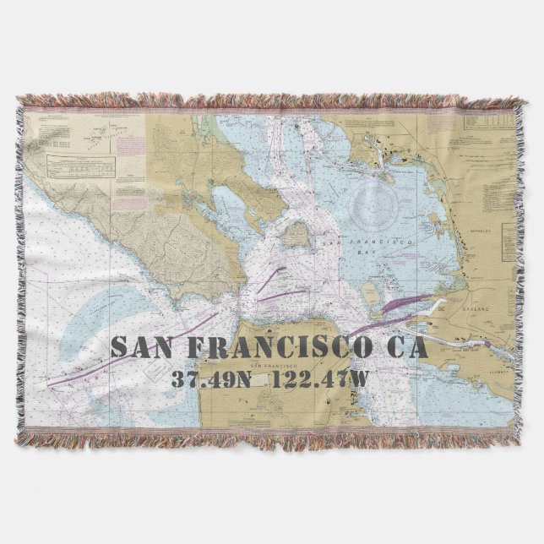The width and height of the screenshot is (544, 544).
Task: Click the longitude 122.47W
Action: point(313,377)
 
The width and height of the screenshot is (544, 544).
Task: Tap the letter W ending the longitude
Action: point(360,377)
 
